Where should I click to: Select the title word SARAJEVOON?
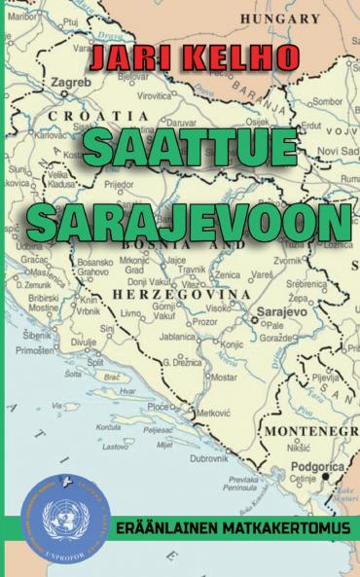pyautogui.click(x=188, y=223)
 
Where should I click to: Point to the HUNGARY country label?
pyautogui.click(x=280, y=18)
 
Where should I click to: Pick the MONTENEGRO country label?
pyautogui.click(x=312, y=430)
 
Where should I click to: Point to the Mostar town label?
pyautogui.click(x=224, y=376)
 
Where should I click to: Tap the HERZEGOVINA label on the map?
pyautogui.click(x=179, y=293)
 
